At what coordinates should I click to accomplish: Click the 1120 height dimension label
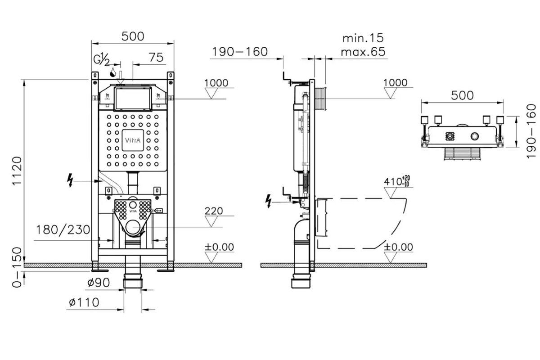tap(17, 171)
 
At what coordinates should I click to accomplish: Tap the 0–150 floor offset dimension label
tap(17, 267)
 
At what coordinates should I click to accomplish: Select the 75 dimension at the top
tap(156, 58)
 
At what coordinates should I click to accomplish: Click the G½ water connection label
tap(101, 59)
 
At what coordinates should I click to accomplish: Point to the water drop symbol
tap(113, 72)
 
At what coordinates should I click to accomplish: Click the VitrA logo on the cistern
tap(133, 140)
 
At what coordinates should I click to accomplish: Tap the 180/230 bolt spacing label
tap(63, 230)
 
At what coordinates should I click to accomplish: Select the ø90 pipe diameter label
tap(99, 282)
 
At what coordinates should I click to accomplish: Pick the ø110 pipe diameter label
tap(84, 302)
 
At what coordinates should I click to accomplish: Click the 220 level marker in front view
tap(214, 211)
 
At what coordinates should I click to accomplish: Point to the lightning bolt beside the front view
tap(70, 180)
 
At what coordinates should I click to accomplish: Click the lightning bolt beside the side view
tap(268, 201)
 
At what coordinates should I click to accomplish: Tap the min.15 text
tap(363, 38)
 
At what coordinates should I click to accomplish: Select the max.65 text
tap(363, 52)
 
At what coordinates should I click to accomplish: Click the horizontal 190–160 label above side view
tap(239, 52)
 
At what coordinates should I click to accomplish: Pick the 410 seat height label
tap(397, 181)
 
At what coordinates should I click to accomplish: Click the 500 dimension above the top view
tap(462, 95)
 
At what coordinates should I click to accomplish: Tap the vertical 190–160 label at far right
tap(531, 131)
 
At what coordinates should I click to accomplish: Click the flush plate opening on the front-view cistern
tap(133, 99)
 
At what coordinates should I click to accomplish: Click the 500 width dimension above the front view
tap(133, 36)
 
